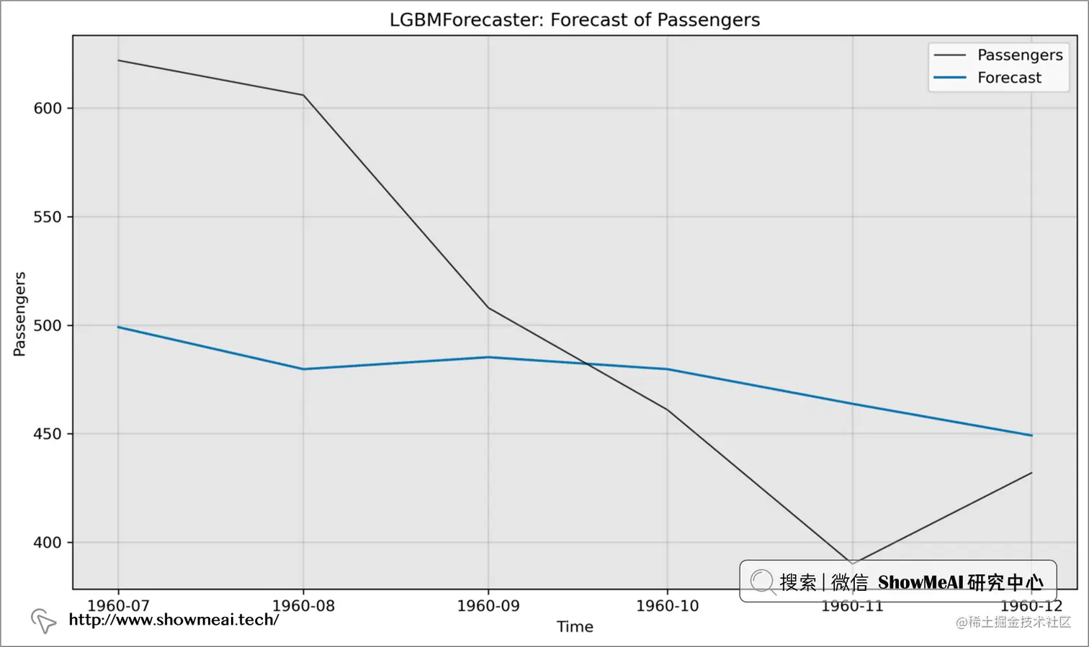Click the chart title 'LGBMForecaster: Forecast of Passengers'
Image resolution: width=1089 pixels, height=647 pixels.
click(575, 19)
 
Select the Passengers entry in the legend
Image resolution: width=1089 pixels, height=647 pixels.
click(1019, 55)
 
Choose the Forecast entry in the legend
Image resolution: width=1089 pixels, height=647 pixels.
click(1008, 78)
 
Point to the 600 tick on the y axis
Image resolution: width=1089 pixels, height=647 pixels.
click(48, 108)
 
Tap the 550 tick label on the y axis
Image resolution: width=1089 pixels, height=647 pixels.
click(48, 217)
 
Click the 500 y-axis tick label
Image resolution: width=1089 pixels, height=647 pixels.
click(48, 325)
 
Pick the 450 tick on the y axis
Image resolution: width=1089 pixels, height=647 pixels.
click(48, 434)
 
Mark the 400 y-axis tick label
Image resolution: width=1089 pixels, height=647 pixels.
click(48, 543)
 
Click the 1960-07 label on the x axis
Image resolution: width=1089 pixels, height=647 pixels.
click(118, 606)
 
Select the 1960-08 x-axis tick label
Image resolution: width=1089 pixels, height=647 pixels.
click(303, 606)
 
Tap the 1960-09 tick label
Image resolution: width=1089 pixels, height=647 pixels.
click(488, 606)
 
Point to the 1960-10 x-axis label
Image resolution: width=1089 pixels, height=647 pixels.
click(667, 606)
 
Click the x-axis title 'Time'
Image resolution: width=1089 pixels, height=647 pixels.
click(575, 627)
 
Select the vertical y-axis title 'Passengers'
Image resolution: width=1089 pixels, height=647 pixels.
click(19, 314)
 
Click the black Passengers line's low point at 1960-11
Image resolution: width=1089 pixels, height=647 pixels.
click(853, 564)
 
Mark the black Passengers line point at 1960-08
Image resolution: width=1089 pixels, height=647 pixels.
click(303, 95)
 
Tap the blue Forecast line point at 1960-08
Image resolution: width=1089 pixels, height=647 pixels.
click(303, 369)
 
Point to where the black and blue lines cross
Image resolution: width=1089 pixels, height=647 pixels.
click(588, 364)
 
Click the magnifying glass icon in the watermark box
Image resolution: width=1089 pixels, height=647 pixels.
click(762, 581)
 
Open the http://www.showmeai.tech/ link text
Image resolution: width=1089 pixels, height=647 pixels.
click(174, 620)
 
